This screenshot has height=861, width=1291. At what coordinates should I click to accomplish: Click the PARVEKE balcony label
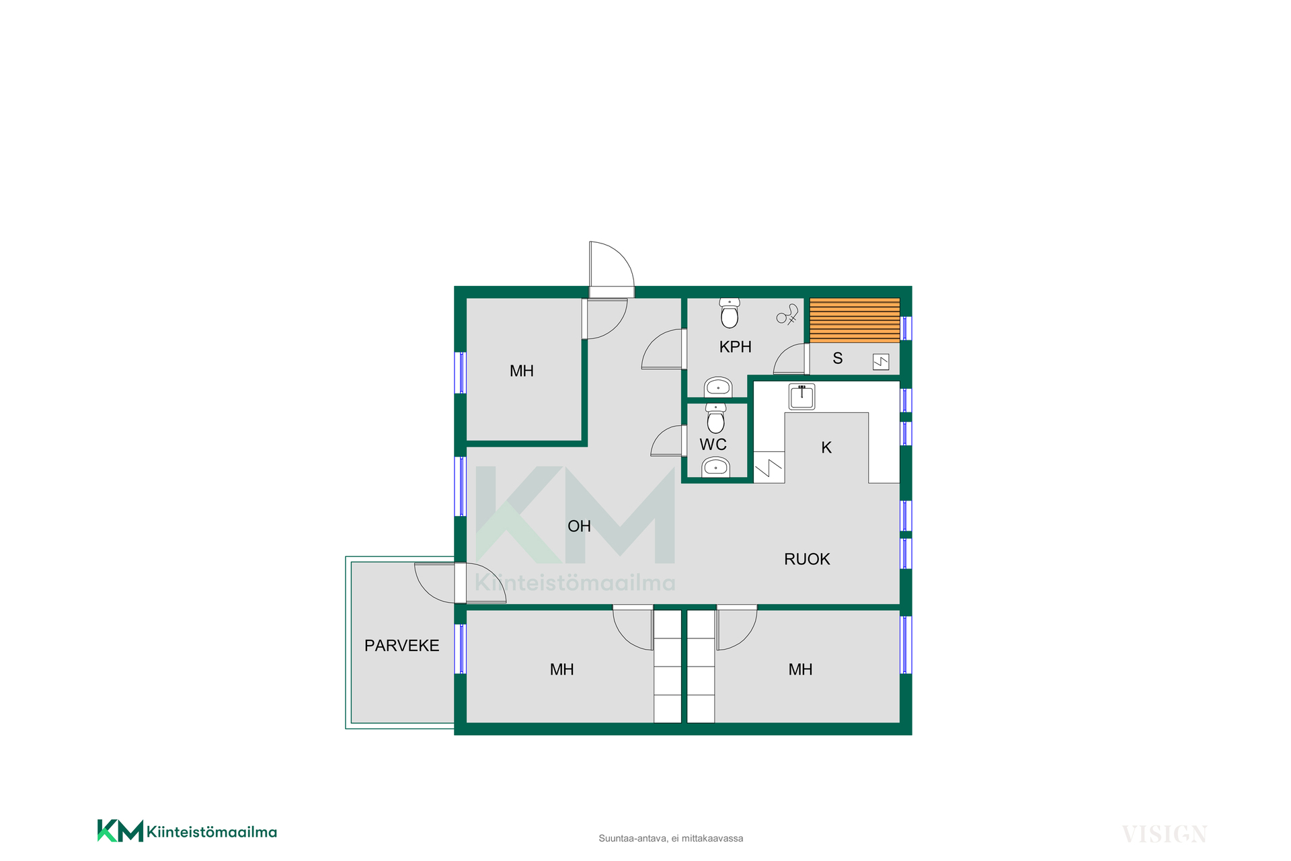tap(401, 646)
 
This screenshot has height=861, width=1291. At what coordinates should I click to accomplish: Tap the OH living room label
tap(579, 526)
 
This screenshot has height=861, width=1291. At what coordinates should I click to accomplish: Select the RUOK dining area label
tap(807, 559)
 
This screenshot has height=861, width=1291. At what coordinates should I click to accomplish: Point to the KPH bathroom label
tap(735, 347)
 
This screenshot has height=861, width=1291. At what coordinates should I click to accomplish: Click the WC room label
tap(713, 445)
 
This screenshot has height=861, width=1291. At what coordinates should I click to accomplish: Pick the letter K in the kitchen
tap(826, 447)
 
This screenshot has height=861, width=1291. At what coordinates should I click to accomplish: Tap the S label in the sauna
tap(837, 359)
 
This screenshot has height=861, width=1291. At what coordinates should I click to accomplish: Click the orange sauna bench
tap(855, 320)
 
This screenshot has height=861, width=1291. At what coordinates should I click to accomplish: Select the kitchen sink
tap(801, 397)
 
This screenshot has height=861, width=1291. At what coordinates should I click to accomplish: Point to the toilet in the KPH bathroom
tap(730, 313)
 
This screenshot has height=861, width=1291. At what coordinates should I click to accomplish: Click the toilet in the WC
tap(715, 418)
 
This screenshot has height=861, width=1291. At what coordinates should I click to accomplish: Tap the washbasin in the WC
tap(716, 467)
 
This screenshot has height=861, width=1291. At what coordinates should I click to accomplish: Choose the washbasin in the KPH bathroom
tap(718, 387)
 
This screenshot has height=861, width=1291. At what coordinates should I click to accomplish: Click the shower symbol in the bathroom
tap(787, 315)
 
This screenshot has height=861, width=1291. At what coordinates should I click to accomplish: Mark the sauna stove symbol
tap(881, 362)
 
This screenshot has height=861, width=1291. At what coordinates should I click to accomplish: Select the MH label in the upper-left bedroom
tap(522, 371)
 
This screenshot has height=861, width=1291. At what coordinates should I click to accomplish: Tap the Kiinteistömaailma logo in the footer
tap(187, 831)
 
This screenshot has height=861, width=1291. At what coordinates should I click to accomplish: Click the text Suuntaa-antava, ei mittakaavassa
tap(671, 838)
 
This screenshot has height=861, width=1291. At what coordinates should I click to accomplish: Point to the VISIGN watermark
tap(1165, 834)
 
